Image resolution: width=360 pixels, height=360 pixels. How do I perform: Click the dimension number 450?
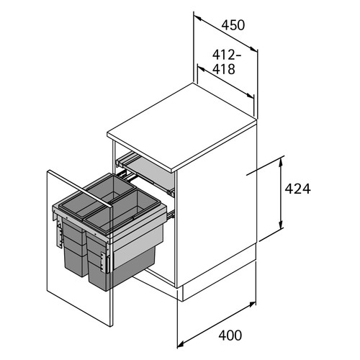pos(233,25)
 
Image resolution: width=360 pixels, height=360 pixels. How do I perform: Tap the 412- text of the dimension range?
pos(227,55)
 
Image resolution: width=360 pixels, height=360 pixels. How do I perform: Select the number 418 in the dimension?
pos(224,69)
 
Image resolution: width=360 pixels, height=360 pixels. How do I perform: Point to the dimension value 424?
pos(297,189)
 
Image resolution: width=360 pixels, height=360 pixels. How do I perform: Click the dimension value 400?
pos(230,335)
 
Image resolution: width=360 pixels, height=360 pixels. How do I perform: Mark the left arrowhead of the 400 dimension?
pos(181,343)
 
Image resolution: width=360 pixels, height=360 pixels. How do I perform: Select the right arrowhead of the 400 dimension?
pos(251,305)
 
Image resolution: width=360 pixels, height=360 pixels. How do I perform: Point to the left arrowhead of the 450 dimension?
pos(197,17)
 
